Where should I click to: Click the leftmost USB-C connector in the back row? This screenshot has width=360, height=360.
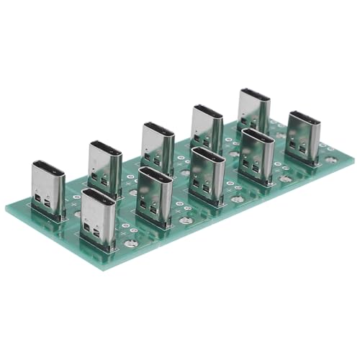[48, 192]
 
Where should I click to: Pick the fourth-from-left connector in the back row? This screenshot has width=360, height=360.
[207, 127]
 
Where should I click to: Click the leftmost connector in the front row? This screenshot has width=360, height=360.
[99, 218]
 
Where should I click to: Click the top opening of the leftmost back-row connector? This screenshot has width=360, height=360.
[48, 173]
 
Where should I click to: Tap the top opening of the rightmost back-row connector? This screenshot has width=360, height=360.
[254, 93]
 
